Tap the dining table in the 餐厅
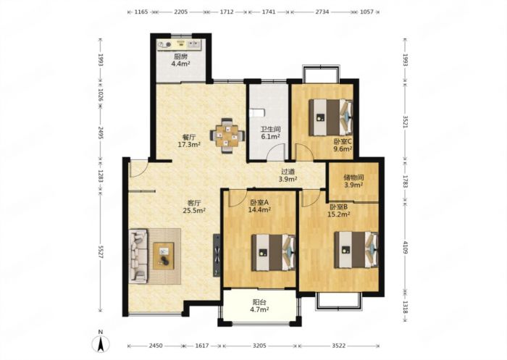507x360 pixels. pos(227,135)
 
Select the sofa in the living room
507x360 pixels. pos(139,256)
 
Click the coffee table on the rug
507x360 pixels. pos(164,256)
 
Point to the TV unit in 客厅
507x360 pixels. pos(217,255)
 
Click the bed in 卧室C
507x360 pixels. pos(330,117)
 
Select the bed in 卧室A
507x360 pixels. pos(274,252)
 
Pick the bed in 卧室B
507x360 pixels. pos(356,250)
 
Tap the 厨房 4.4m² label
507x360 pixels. pos(180,60)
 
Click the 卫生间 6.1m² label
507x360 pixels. pos(270,133)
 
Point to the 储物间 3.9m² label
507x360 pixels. pos(353,181)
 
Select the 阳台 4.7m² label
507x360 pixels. pos(259,306)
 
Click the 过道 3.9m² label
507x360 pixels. pos(288,175)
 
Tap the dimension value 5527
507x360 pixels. pos(100,251)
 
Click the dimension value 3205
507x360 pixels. pos(259,346)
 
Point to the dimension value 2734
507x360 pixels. pos(322,12)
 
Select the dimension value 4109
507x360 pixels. pos(405,247)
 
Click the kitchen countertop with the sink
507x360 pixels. pos(179,45)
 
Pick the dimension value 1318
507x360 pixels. pos(405,306)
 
